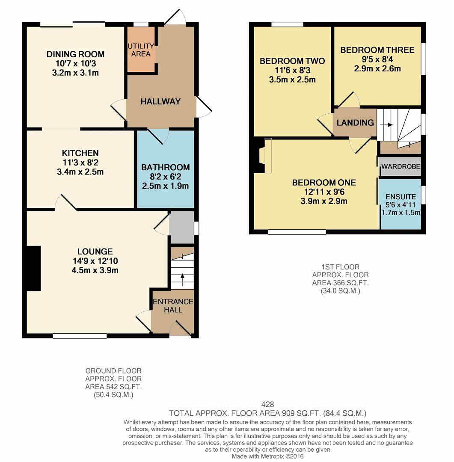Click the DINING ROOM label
click(x=75, y=54)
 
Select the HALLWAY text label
click(x=160, y=101)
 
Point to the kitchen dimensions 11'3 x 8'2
click(x=80, y=163)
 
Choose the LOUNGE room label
click(x=95, y=252)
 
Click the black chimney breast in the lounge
click(x=33, y=268)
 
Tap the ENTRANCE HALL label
click(x=173, y=305)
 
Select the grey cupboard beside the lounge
click(x=181, y=228)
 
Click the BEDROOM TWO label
click(x=292, y=61)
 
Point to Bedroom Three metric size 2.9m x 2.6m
click(x=377, y=68)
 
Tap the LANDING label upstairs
click(x=355, y=123)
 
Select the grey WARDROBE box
click(x=401, y=166)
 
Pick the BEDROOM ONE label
click(x=323, y=183)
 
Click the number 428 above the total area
click(x=267, y=404)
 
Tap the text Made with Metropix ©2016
click(x=268, y=456)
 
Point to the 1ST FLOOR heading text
click(x=341, y=267)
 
